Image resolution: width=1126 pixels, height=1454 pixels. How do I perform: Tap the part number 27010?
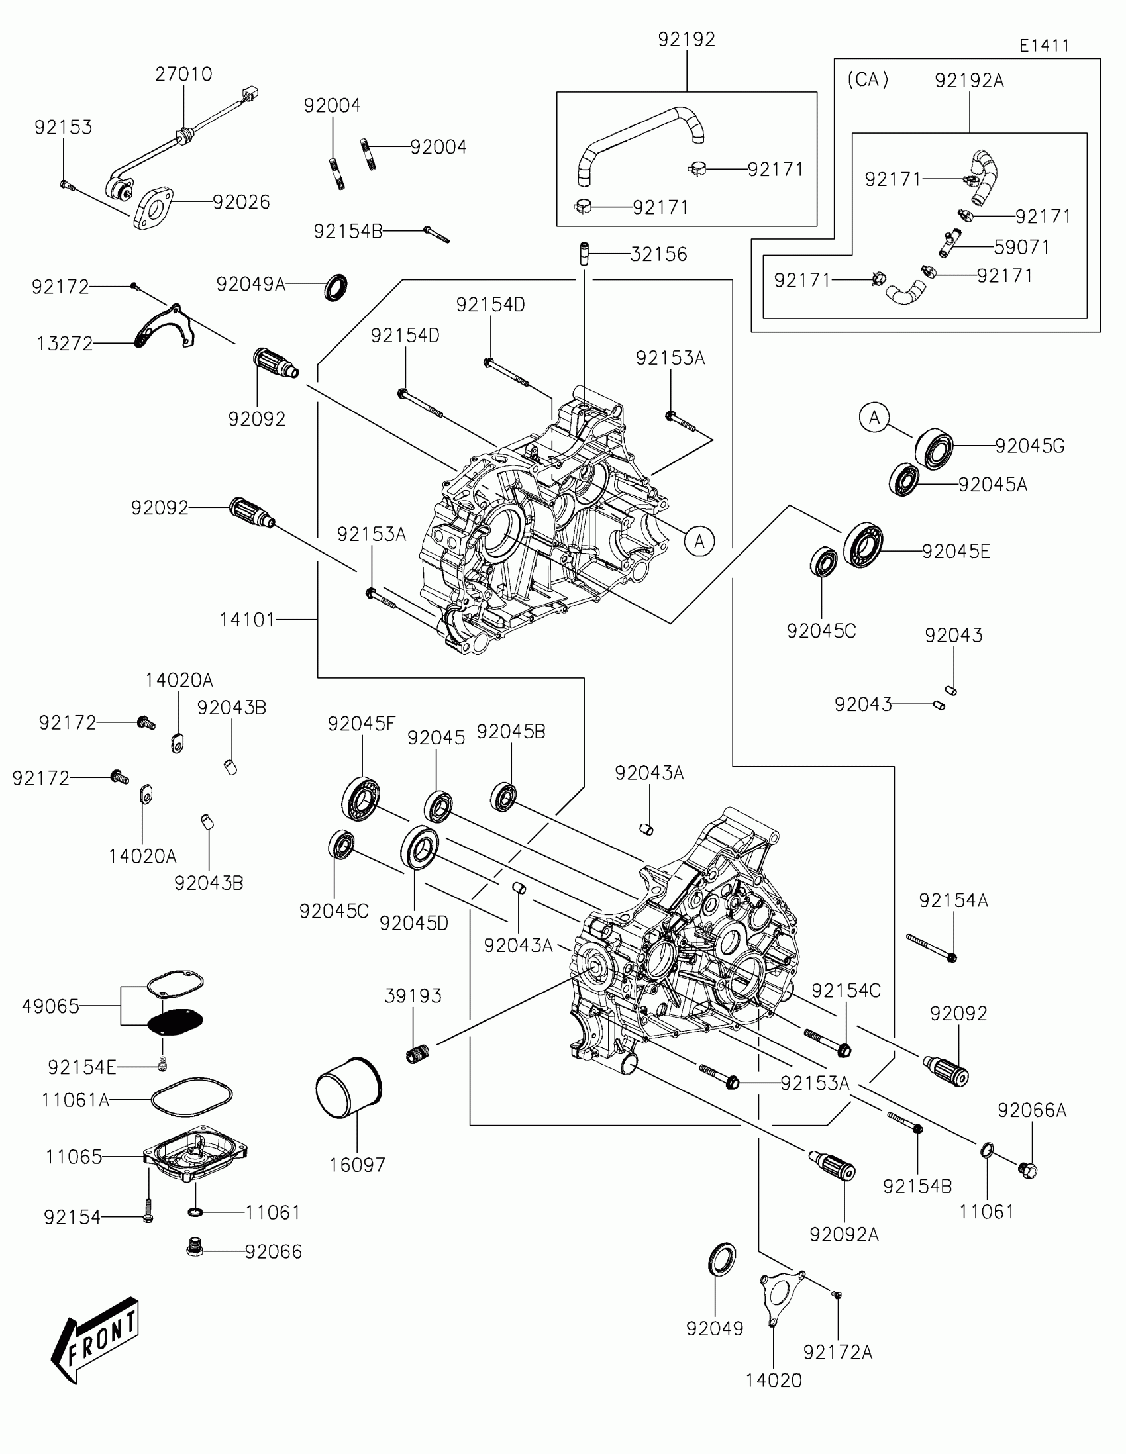pyautogui.click(x=183, y=74)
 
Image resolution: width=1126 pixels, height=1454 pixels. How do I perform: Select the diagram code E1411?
pyautogui.click(x=1044, y=45)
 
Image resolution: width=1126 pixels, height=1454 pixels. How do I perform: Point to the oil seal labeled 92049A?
pyautogui.click(x=336, y=287)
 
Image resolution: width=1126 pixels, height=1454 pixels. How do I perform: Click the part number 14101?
pyautogui.click(x=247, y=620)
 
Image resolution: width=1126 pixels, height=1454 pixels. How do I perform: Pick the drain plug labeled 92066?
pyautogui.click(x=195, y=1247)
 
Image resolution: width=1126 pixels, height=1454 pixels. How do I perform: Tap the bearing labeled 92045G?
pyautogui.click(x=933, y=449)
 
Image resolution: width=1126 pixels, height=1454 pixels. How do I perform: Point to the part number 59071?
pyautogui.click(x=1021, y=247)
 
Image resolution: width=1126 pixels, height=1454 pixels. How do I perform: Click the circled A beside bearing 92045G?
pyautogui.click(x=874, y=417)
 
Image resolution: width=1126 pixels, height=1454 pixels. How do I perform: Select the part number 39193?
pyautogui.click(x=413, y=996)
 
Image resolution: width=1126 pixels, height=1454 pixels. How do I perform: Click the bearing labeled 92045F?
pyautogui.click(x=361, y=799)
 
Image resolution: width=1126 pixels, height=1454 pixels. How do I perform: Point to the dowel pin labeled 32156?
pyautogui.click(x=584, y=254)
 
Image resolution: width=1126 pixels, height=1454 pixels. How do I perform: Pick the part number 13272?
pyautogui.click(x=65, y=344)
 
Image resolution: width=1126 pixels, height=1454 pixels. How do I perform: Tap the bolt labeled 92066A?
pyautogui.click(x=1028, y=1169)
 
